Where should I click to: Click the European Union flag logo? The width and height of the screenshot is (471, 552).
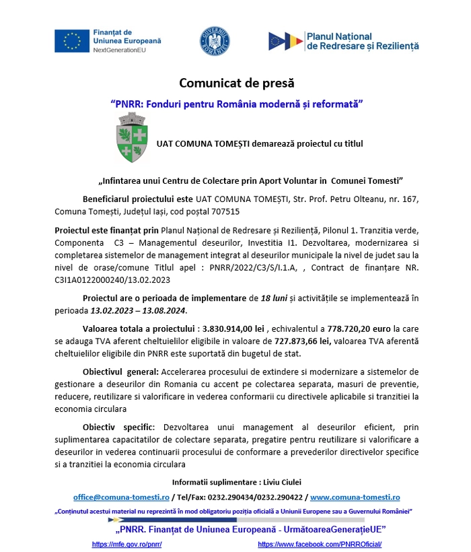point(72,41)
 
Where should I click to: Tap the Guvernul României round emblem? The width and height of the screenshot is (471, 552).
point(215,41)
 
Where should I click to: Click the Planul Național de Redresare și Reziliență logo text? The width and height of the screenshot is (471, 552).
point(362,41)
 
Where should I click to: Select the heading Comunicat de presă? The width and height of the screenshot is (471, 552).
point(236,83)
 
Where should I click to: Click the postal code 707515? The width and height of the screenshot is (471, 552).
point(222,211)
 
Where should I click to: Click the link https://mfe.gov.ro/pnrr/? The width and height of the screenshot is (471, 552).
point(126,544)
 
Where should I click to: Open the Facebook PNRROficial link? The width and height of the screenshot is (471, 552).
point(320,544)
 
